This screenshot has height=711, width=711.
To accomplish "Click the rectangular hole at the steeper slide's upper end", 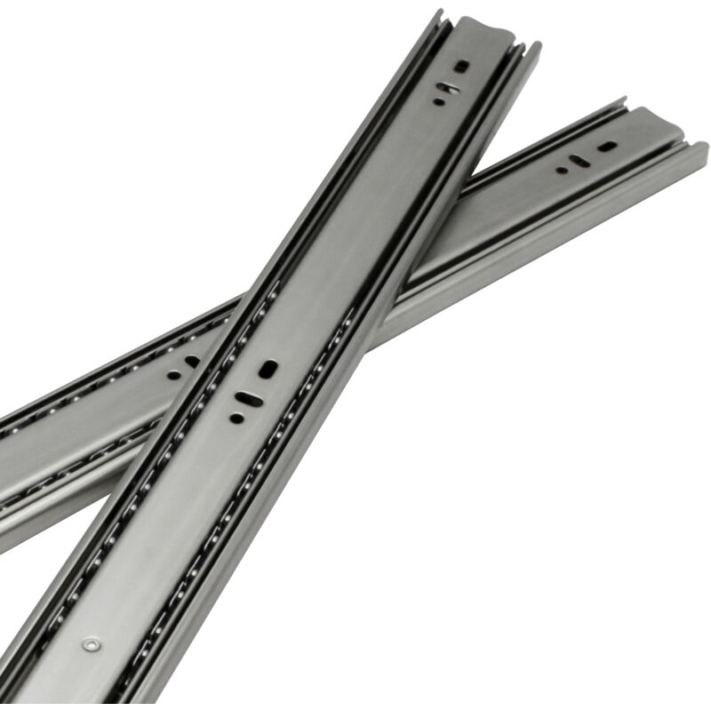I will point(461,66).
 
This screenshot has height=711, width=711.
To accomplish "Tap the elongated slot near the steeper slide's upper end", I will point(450,88).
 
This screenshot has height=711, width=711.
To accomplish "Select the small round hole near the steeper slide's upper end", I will point(438,102).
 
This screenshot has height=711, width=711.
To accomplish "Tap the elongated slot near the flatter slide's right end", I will point(579,161).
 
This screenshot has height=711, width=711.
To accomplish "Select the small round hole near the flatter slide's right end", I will point(561,170).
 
